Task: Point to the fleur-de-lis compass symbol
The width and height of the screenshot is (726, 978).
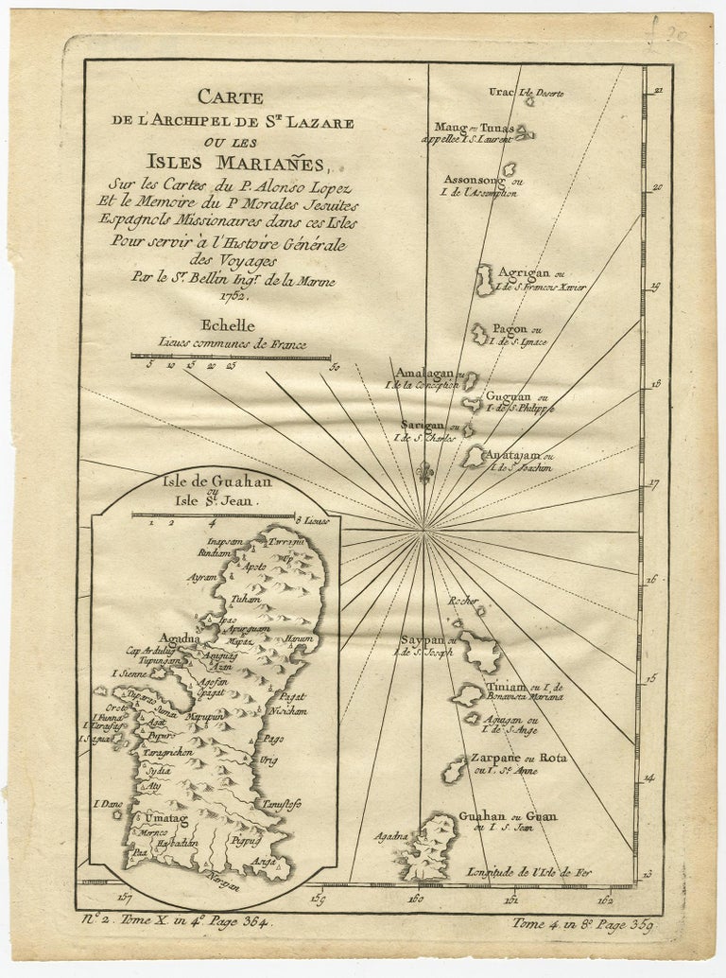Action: point(425,470)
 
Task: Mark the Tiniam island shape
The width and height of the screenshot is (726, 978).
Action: point(466,695)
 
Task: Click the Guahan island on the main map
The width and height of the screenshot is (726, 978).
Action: point(434,843)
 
